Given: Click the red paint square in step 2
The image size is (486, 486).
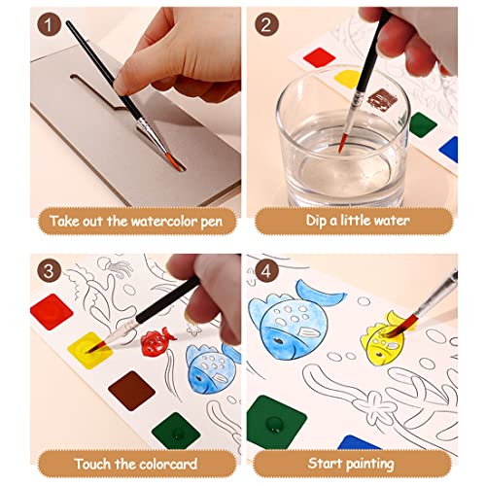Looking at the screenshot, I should click(x=320, y=55).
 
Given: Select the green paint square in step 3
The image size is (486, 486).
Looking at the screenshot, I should click(x=176, y=429).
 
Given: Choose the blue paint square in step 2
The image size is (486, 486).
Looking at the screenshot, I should click(x=448, y=149).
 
